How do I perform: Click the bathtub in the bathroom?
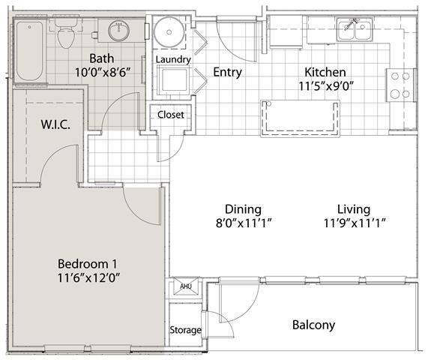[29, 50]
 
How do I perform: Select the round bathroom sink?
[118, 31]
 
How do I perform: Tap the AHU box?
[184, 286]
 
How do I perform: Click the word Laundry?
[173, 59]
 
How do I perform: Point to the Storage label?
[184, 330]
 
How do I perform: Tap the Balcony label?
[313, 325]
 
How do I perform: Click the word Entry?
[227, 72]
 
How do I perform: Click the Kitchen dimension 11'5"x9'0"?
[325, 85]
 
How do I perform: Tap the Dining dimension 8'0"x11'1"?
[242, 222]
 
